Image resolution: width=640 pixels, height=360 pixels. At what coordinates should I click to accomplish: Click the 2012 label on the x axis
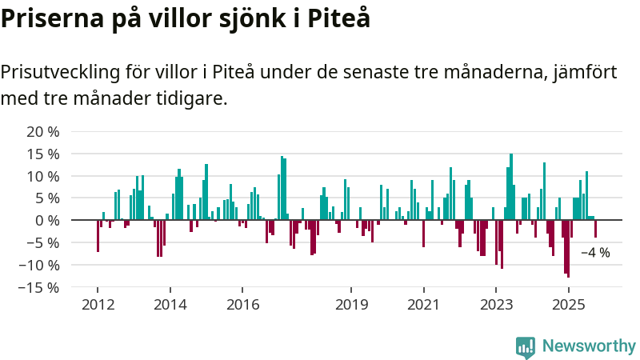(x=98, y=304)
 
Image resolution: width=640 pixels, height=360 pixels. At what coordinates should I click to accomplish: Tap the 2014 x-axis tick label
(x=170, y=304)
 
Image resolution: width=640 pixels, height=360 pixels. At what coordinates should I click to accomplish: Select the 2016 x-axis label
(x=243, y=304)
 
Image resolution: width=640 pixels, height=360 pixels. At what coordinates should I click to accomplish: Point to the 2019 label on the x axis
(x=351, y=304)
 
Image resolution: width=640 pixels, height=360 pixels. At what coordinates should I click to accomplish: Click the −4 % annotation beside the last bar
(x=595, y=253)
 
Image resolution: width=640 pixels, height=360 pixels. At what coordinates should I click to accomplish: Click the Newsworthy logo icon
(x=526, y=346)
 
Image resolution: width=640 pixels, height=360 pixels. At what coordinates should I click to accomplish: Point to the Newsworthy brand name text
(x=589, y=346)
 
